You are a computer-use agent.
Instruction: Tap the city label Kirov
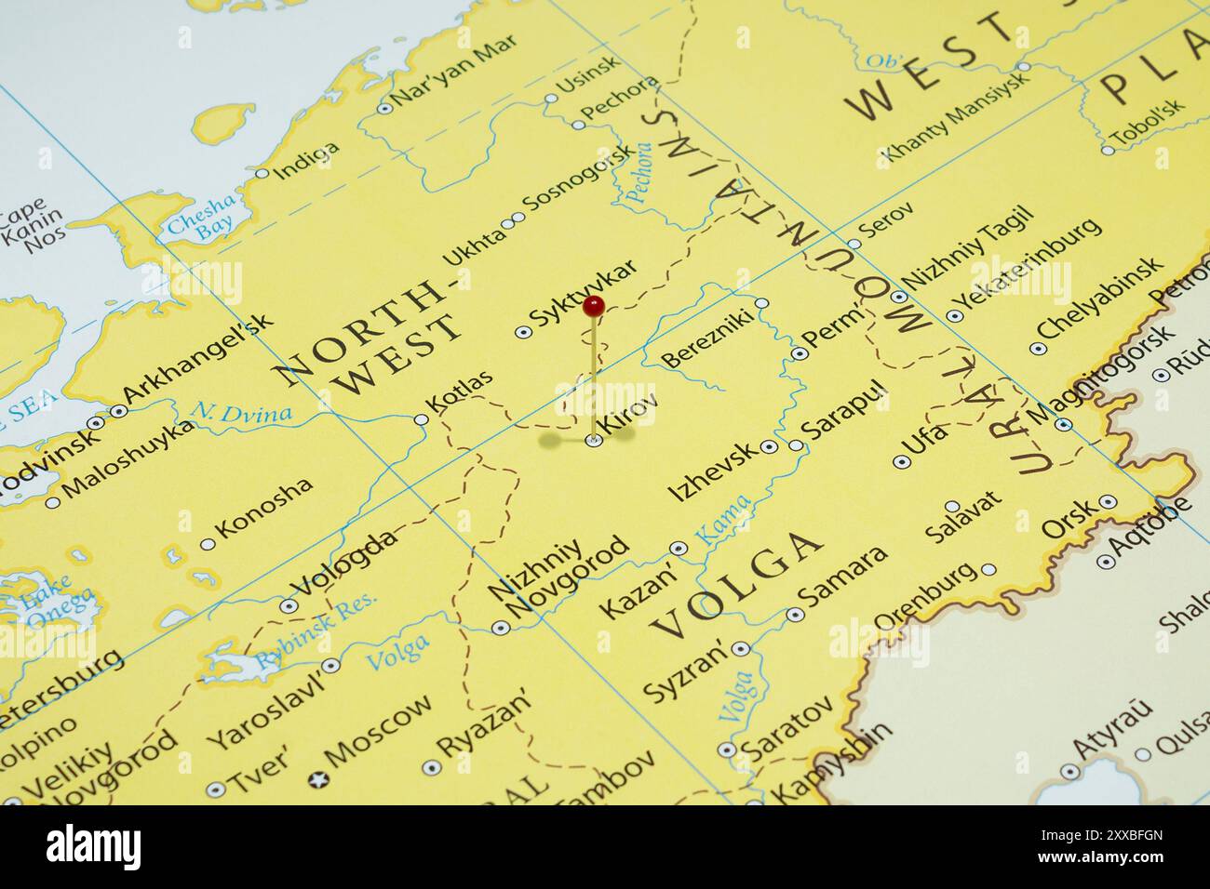[631, 416]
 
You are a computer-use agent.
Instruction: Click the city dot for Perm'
[798, 353]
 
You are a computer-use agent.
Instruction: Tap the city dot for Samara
[794, 615]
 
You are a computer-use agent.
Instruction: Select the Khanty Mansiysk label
[954, 116]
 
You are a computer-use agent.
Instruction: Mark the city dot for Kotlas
[421, 420]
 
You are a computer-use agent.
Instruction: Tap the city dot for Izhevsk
[769, 447]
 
